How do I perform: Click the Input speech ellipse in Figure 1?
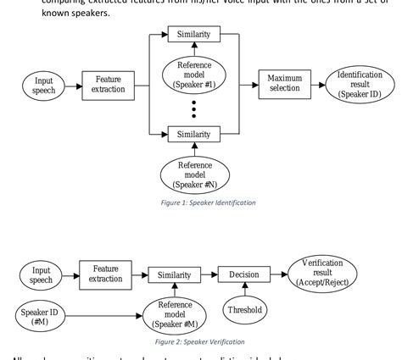[x=42, y=86]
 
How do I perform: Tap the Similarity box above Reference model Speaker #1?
[x=193, y=35]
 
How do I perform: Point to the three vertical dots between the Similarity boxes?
[x=193, y=108]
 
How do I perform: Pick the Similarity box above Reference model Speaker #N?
[x=193, y=134]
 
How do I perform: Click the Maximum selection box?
[x=285, y=85]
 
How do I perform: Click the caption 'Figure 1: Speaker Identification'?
[x=193, y=202]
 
